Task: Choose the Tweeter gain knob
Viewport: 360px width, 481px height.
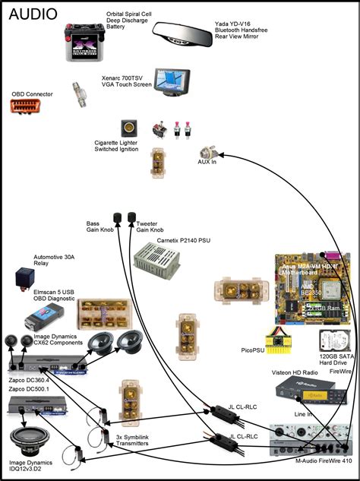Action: click(132, 214)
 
